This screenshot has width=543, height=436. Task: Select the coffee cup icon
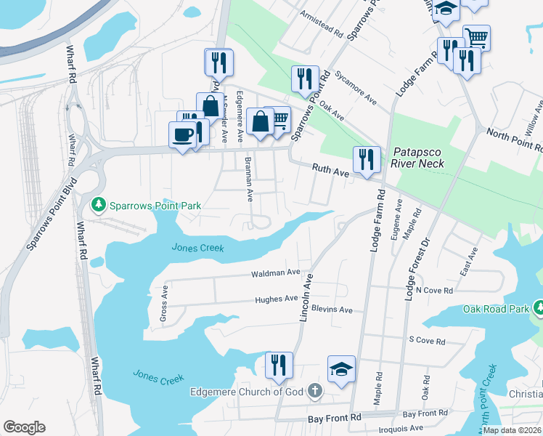(181, 135)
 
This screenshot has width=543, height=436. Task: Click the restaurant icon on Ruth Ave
(367, 160)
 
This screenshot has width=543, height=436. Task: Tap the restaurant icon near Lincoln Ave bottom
(278, 366)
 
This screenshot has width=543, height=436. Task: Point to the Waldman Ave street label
(275, 272)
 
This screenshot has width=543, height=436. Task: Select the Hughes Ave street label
(276, 299)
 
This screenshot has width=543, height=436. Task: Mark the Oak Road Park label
(497, 310)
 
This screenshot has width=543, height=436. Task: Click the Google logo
(24, 427)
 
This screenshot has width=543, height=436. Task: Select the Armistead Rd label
(324, 24)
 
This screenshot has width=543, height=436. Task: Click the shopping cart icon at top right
(476, 37)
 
